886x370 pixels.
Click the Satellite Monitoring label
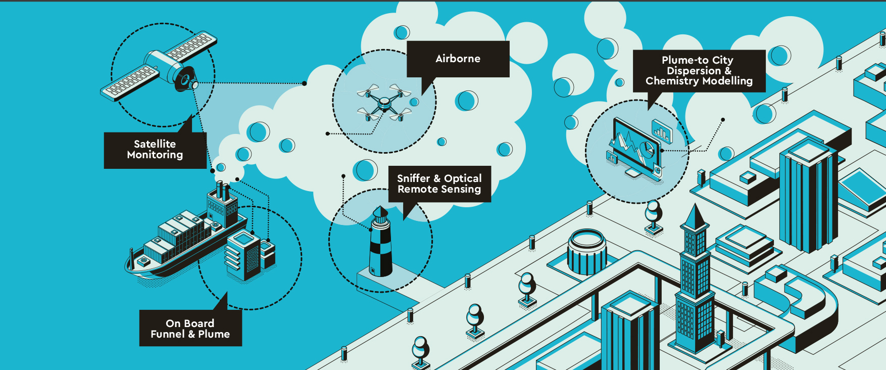(155, 150)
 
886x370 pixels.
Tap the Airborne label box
(458, 59)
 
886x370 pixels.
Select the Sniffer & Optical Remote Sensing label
(439, 184)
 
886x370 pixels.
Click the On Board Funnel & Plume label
(190, 329)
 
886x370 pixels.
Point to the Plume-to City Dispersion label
(699, 71)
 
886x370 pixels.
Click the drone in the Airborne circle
(384, 103)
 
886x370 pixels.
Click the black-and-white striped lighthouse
(380, 242)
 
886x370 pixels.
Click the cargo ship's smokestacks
(223, 191)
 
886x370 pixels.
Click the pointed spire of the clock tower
(696, 216)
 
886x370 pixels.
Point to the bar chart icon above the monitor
(662, 131)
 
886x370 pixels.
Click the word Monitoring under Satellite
(155, 155)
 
